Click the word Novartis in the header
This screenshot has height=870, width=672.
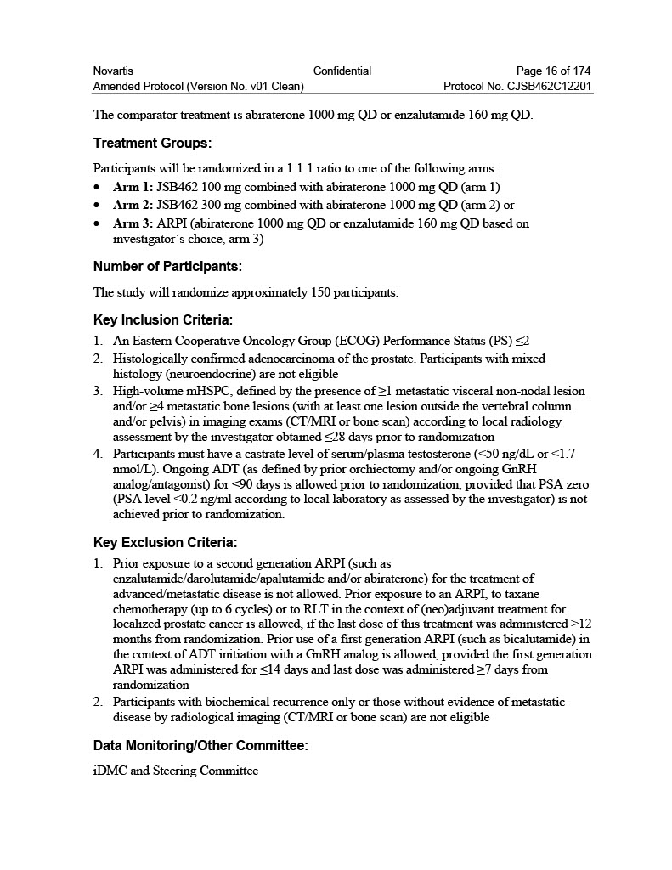113,71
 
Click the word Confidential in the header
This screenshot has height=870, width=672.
342,71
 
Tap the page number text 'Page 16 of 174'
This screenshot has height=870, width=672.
553,71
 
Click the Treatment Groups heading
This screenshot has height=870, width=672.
152,144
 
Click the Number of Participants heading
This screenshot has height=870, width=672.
167,267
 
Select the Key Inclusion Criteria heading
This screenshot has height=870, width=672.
162,320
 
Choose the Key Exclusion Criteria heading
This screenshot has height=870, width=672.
165,542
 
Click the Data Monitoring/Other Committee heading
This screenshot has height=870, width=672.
200,745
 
